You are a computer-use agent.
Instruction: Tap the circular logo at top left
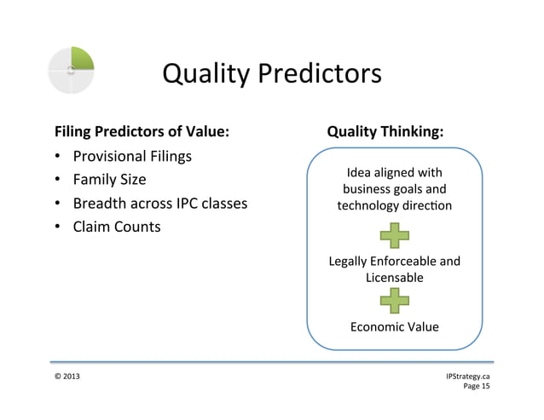(x=71, y=69)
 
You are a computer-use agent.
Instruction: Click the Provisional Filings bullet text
(x=132, y=157)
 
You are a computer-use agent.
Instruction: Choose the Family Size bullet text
(x=109, y=180)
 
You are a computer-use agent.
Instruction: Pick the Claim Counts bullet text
(x=116, y=227)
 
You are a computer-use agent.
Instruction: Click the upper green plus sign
(x=394, y=235)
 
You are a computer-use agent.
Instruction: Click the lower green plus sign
(x=394, y=300)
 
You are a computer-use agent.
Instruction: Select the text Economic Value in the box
(x=394, y=326)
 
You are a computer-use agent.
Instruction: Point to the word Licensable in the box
(x=394, y=277)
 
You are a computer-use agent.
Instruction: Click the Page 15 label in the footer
(x=476, y=386)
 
